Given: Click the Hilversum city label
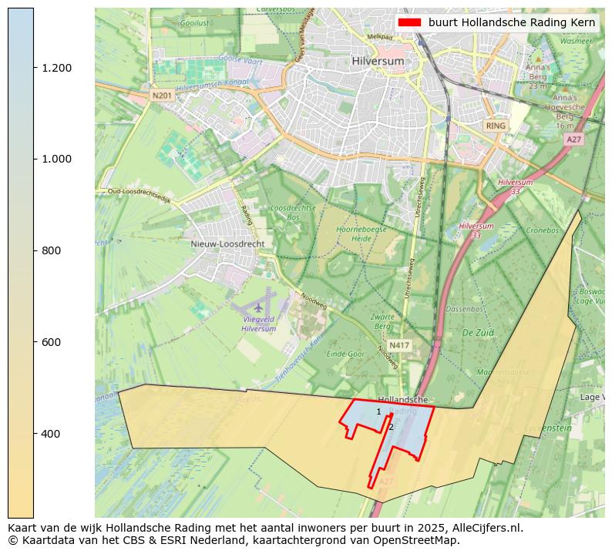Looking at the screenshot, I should (x=378, y=60).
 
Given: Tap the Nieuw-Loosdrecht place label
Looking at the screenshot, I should (x=227, y=243).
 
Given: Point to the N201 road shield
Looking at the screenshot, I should (x=162, y=96).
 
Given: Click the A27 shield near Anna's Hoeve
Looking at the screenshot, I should (x=573, y=139).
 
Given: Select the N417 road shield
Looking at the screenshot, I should (x=399, y=345).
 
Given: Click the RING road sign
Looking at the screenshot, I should (x=496, y=125).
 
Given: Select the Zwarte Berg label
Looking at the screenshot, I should (x=382, y=321).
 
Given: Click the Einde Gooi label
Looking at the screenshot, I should (x=345, y=354).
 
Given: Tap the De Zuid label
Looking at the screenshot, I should (x=477, y=332).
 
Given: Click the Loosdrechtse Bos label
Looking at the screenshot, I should (x=293, y=213).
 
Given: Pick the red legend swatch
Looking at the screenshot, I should (x=409, y=22).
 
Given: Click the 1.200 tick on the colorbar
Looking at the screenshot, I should (x=56, y=68).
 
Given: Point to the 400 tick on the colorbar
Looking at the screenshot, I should (x=53, y=434).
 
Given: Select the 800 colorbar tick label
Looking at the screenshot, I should (x=53, y=250).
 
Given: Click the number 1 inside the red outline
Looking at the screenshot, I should (x=378, y=412).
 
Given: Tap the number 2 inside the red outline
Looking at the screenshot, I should (x=391, y=427).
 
